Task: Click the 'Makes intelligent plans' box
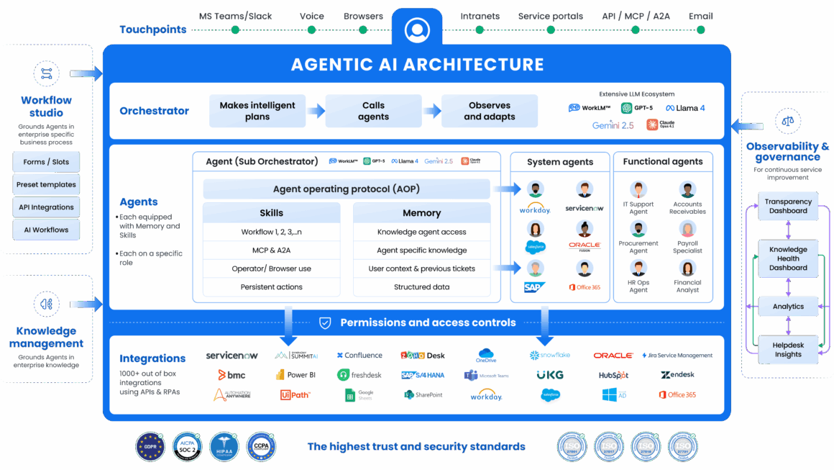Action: pyautogui.click(x=257, y=111)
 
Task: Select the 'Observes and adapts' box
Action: pyautogui.click(x=489, y=111)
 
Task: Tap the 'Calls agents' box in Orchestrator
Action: pyautogui.click(x=373, y=111)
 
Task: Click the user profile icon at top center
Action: pyautogui.click(x=416, y=30)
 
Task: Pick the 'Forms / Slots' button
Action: pyautogui.click(x=46, y=162)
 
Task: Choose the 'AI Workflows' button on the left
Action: pyautogui.click(x=46, y=230)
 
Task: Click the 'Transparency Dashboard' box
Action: pyautogui.click(x=788, y=207)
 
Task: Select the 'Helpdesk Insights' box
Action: pyautogui.click(x=788, y=350)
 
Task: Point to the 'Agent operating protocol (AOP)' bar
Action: pyautogui.click(x=346, y=189)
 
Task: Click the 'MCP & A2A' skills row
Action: pyautogui.click(x=271, y=250)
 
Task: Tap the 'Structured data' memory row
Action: pyautogui.click(x=421, y=287)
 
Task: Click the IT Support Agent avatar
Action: pyautogui.click(x=638, y=190)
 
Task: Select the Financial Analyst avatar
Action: pyautogui.click(x=687, y=268)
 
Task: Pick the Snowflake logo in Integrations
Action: pyautogui.click(x=549, y=356)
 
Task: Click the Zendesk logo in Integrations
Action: pyautogui.click(x=677, y=375)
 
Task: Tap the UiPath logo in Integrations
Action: pyautogui.click(x=295, y=394)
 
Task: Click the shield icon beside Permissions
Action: pyautogui.click(x=325, y=323)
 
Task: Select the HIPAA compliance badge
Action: pyautogui.click(x=224, y=446)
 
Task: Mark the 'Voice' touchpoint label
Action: pyautogui.click(x=311, y=16)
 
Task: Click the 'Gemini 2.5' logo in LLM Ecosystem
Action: pyautogui.click(x=613, y=125)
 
